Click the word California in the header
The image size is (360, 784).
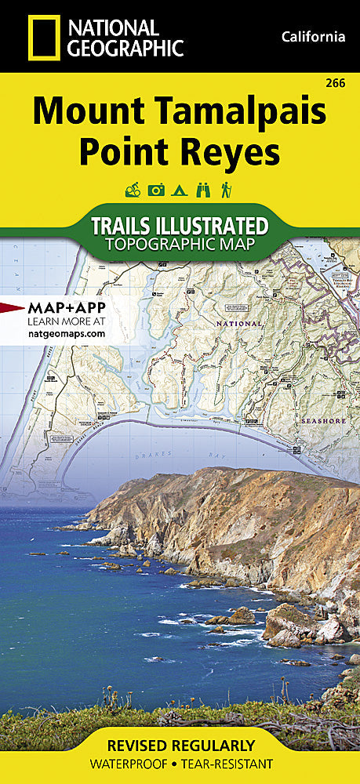[x=312, y=37]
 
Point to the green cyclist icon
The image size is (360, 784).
[x=133, y=190]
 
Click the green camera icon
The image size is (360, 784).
[x=156, y=190]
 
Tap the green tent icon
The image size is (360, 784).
[x=180, y=190]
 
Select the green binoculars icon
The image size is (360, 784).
[x=202, y=190]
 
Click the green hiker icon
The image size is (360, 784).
[x=226, y=190]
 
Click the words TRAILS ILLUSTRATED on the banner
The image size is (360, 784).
[x=180, y=227]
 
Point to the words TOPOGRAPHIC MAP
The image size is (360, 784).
[x=180, y=245]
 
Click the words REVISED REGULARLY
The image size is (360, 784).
[x=180, y=745]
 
